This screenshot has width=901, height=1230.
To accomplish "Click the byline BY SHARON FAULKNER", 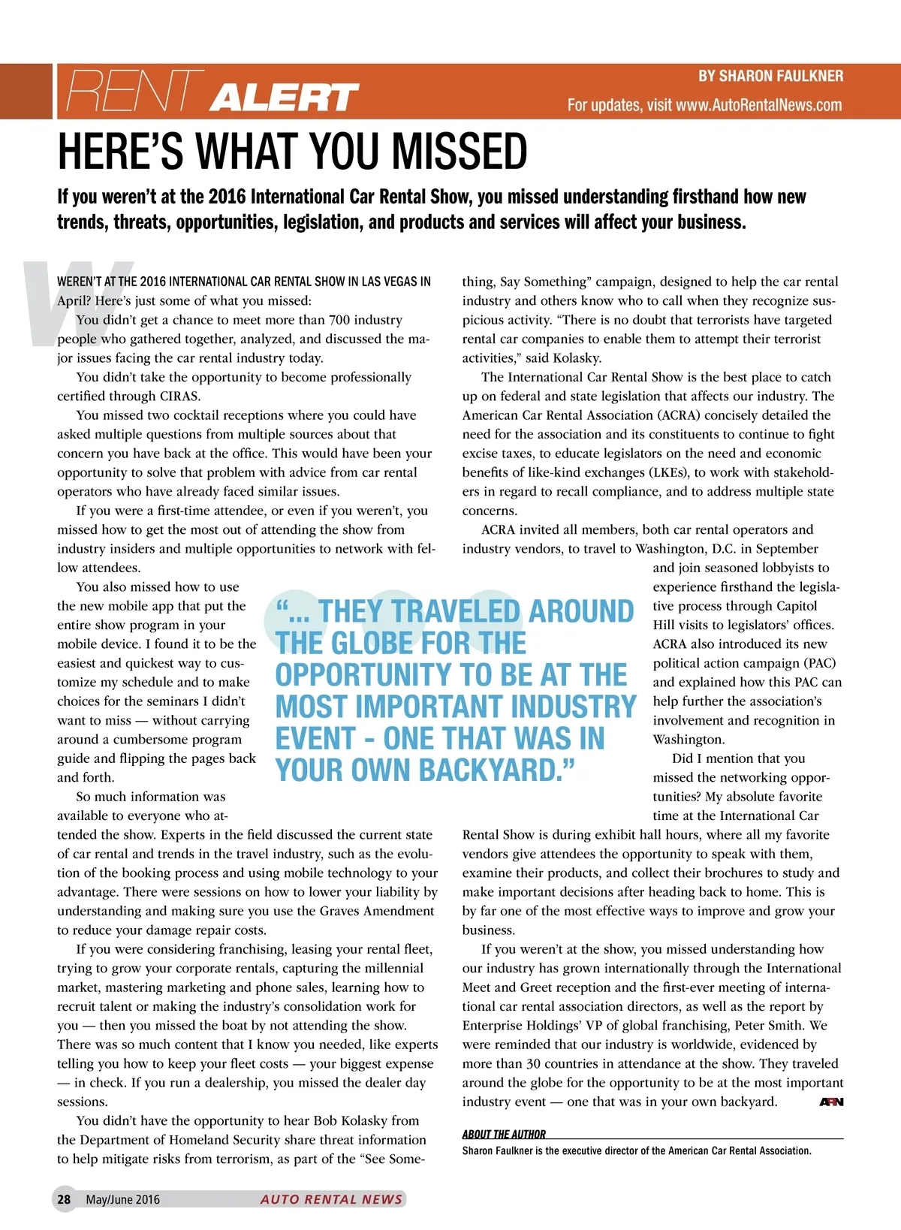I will pos(770,76).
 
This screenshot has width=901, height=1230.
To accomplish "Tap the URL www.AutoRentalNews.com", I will pos(758,105).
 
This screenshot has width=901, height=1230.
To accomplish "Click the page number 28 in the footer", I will pos(64,1199).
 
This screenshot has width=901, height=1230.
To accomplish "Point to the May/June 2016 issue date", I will pos(122,1199).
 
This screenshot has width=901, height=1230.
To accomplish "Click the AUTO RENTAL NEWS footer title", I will pos(331,1199).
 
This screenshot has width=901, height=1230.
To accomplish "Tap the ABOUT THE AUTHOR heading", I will pos(504,1134).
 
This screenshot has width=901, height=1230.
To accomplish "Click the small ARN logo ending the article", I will pos(831,1102).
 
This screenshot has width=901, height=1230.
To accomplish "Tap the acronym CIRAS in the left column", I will pos(179,396).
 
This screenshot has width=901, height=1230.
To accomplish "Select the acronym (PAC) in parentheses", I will pos(819,663).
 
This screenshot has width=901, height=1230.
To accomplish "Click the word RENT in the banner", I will pos(135,92).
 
